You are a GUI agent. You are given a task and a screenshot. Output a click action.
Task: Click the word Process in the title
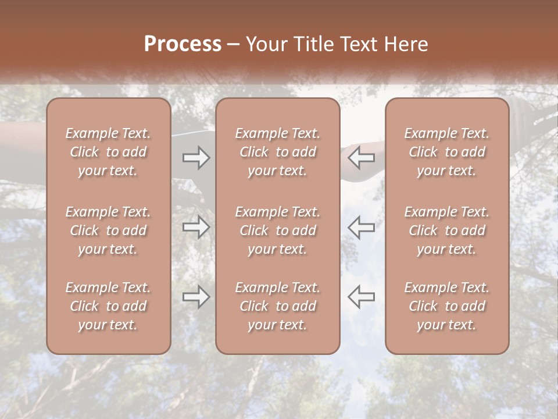(183, 44)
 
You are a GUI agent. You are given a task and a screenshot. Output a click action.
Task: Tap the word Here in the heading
(407, 44)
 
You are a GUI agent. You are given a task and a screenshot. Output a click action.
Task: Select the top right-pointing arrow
(196, 158)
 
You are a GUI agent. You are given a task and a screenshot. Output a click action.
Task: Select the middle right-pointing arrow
(196, 227)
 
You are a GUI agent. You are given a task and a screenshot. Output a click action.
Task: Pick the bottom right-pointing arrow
(196, 297)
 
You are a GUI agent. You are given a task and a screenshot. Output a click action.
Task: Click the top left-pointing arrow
(361, 158)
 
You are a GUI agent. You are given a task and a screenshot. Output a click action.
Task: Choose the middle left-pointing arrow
(361, 227)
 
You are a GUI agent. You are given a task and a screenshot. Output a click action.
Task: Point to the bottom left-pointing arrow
(361, 297)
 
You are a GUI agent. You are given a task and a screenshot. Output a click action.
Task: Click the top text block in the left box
(108, 152)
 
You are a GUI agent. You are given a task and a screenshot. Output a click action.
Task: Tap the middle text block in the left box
(108, 230)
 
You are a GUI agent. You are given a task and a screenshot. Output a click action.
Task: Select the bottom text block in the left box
(108, 306)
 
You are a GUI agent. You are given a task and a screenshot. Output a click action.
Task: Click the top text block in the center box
(278, 152)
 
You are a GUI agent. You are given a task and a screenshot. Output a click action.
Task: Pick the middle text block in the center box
(278, 230)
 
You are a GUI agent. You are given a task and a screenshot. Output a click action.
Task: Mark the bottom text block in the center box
(278, 306)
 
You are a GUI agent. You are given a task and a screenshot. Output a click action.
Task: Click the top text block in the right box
(447, 152)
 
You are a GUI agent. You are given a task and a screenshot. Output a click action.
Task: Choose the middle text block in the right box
(447, 230)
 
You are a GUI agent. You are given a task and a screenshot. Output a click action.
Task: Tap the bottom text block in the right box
(447, 306)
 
